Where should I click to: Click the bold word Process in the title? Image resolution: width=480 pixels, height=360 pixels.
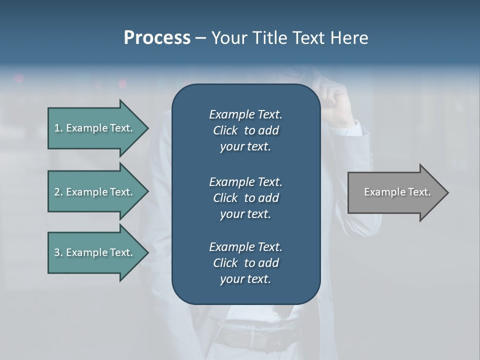(157, 38)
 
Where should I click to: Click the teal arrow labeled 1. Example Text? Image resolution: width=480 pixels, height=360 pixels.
(95, 128)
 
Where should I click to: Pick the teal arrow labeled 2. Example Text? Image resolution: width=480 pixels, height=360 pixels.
(95, 192)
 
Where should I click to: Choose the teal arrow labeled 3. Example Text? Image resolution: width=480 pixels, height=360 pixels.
(95, 252)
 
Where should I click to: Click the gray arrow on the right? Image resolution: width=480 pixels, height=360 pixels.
(395, 192)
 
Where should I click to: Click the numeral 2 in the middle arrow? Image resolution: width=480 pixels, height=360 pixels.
(57, 192)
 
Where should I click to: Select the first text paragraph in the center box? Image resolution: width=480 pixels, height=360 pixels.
(245, 130)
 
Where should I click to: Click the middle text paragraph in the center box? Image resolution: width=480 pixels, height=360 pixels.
(245, 197)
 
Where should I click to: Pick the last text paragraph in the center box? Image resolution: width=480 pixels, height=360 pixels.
(245, 263)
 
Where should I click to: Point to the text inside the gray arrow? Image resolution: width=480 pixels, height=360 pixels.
(397, 192)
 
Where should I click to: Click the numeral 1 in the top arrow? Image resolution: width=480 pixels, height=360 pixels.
(57, 128)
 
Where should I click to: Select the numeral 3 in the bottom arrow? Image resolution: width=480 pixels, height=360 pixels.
(57, 252)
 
